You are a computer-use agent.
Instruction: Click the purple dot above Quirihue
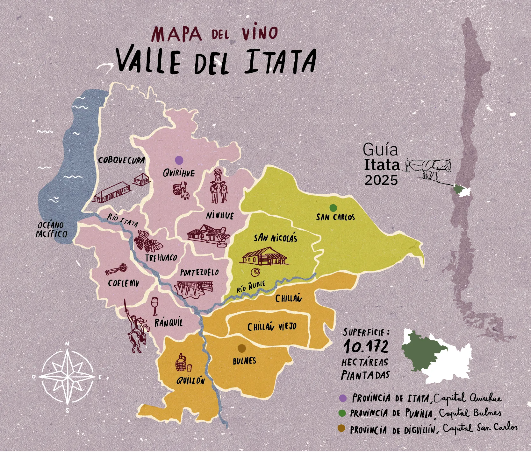pos(179,160)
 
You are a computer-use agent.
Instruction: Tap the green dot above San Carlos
pos(333,208)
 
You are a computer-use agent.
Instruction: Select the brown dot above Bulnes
pos(242,349)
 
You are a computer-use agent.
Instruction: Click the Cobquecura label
pos(121,160)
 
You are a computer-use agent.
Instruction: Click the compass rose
pos(68,377)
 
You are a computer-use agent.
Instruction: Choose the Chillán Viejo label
pos(272,327)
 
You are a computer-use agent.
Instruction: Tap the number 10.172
pos(366,346)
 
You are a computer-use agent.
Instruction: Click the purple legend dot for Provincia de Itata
pos(343,398)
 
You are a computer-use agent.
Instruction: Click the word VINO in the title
pos(260,33)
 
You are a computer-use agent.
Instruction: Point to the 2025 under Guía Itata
pos(381,180)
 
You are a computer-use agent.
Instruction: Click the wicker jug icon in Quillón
pos(181,363)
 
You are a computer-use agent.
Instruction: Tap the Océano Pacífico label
pos(51,230)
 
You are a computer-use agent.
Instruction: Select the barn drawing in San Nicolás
pos(264,256)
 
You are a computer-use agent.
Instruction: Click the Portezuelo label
pos(199,273)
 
